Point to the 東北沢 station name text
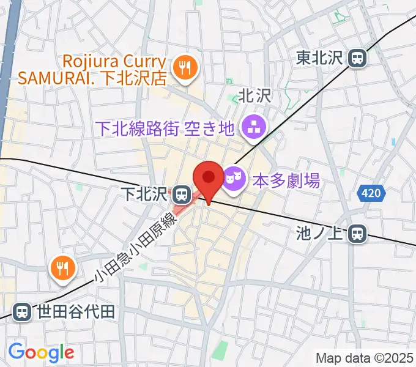point(320,58)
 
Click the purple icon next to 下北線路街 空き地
point(252,128)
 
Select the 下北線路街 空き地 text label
point(166,128)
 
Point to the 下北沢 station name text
point(143,195)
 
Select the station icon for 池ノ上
point(358,233)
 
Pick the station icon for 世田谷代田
point(22,312)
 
